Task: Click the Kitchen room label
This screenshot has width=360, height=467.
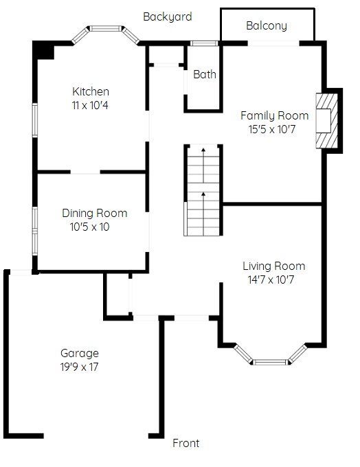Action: click(91, 91)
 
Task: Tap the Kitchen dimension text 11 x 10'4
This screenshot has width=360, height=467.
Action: click(90, 105)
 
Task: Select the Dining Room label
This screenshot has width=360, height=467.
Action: click(95, 214)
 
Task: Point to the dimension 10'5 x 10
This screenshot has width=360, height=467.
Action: click(90, 227)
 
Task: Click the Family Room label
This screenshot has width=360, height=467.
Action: click(275, 116)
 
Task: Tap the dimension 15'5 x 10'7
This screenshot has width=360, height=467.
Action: click(272, 130)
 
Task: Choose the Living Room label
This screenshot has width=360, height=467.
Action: click(274, 266)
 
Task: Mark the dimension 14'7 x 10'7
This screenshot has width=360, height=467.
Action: click(271, 280)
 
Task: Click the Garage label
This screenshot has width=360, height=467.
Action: click(80, 354)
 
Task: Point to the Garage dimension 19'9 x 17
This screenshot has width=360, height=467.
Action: click(79, 367)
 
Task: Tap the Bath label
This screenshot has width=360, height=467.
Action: click(205, 74)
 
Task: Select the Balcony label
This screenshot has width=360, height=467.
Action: click(267, 26)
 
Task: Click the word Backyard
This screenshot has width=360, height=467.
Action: click(168, 17)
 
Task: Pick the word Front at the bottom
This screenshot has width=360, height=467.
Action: click(186, 443)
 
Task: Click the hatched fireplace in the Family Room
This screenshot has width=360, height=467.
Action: click(327, 121)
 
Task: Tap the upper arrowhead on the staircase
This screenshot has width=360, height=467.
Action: click(203, 150)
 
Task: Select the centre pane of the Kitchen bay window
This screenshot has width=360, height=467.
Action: click(106, 29)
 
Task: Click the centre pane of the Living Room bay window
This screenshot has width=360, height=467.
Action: click(271, 362)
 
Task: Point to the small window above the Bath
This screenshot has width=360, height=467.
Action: click(204, 43)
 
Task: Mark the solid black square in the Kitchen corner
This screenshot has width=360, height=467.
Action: click(43, 49)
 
